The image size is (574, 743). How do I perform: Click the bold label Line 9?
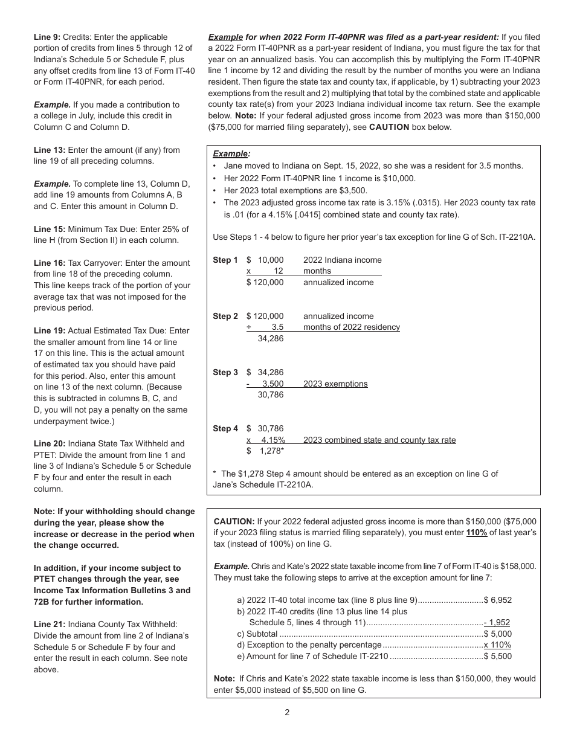coord(47,37)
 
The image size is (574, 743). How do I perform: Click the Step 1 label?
coord(225,260)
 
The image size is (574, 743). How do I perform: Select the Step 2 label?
coord(225,317)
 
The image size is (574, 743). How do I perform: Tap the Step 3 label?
coord(225,373)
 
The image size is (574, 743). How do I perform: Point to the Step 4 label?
coord(225,429)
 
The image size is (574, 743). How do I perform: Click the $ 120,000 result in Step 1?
coord(265,282)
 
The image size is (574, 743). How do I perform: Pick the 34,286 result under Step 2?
coord(270,338)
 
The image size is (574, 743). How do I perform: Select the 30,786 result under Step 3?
coord(270,394)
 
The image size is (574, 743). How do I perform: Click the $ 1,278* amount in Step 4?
coord(265,451)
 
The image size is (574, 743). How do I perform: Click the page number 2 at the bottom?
coord(287,712)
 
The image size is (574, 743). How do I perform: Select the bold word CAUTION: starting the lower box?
coord(234,521)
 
